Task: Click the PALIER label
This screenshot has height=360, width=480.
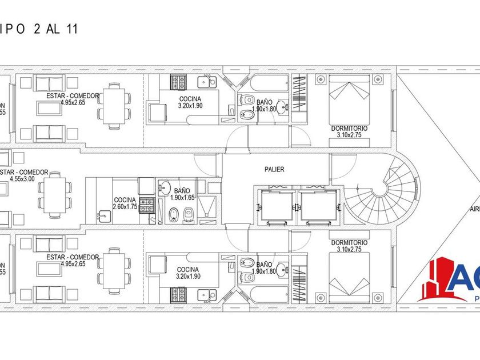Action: click(x=274, y=169)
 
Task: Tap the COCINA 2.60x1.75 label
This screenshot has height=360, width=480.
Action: click(x=125, y=203)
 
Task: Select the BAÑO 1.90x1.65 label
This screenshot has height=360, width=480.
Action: click(x=182, y=194)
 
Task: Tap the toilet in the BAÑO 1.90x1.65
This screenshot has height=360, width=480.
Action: click(x=174, y=215)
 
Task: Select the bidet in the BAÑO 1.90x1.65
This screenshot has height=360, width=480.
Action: click(x=190, y=215)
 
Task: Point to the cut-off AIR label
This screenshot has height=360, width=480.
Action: click(x=475, y=209)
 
